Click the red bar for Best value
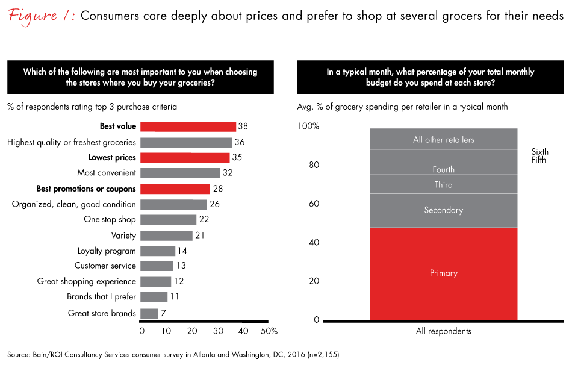click(x=188, y=126)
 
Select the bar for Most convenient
click(x=180, y=173)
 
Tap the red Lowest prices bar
click(x=184, y=158)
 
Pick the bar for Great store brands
click(x=149, y=313)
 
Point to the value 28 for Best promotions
click(x=217, y=189)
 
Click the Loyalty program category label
click(x=107, y=251)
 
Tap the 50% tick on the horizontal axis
click(x=269, y=331)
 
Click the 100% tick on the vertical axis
click(x=308, y=127)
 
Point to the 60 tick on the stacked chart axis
click(x=314, y=204)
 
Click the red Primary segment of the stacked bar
click(x=444, y=273)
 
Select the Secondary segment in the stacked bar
click(x=444, y=210)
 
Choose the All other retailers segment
click(x=444, y=140)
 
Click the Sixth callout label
click(x=539, y=152)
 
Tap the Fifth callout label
click(x=538, y=160)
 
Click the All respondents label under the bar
click(x=444, y=331)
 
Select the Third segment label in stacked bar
click(x=444, y=184)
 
